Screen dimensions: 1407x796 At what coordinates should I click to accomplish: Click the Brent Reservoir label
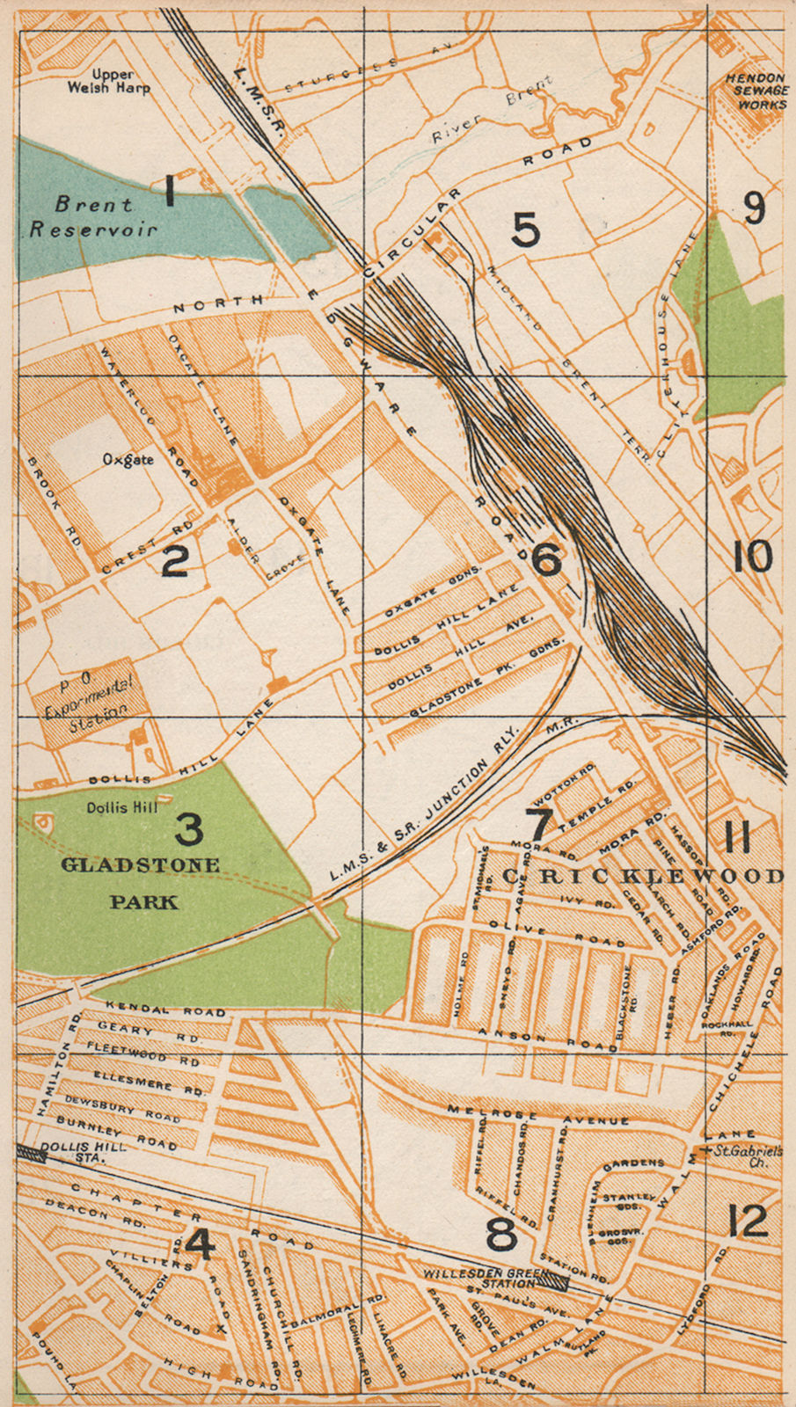94,216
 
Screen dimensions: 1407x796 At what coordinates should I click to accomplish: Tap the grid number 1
170,191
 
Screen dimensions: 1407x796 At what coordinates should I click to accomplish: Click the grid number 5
525,230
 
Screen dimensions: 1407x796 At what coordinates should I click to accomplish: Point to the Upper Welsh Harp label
109,82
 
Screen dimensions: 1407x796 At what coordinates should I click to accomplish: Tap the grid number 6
546,559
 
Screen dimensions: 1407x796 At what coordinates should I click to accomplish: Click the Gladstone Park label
141,882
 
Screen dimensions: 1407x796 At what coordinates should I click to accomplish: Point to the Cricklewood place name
642,876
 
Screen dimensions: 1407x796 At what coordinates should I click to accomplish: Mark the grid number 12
748,1221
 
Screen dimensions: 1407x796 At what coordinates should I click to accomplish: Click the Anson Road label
547,1040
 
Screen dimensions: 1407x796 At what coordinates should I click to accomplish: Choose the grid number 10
752,558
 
